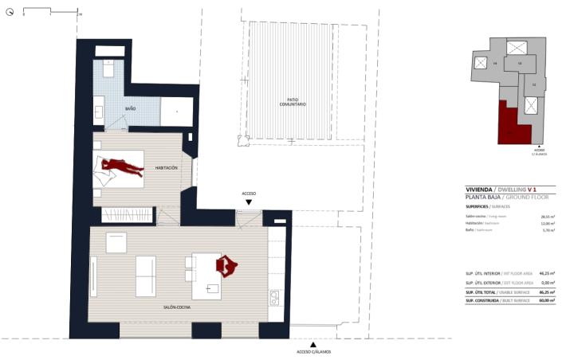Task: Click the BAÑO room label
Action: pyautogui.click(x=131, y=109)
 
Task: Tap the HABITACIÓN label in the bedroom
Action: pyautogui.click(x=167, y=168)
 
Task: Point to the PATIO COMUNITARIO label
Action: pyautogui.click(x=292, y=104)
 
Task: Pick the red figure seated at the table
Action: pyautogui.click(x=228, y=265)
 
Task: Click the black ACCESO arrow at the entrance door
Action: pyautogui.click(x=249, y=202)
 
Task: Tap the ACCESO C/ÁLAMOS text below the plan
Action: pyautogui.click(x=313, y=351)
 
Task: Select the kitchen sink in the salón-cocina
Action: pyautogui.click(x=275, y=298)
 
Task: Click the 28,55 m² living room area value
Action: pyautogui.click(x=547, y=216)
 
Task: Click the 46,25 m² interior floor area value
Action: pyautogui.click(x=547, y=273)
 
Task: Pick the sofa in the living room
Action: pyautogui.click(x=146, y=276)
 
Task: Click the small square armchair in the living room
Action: pyautogui.click(x=116, y=242)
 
